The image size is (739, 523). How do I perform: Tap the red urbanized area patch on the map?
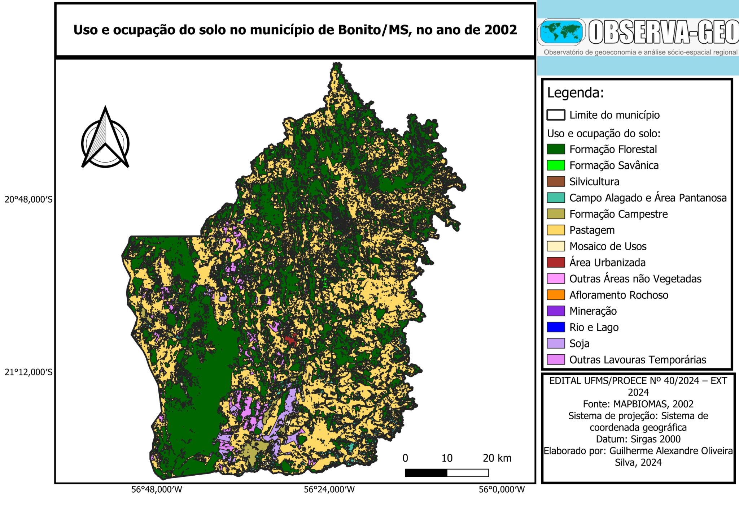[290, 340]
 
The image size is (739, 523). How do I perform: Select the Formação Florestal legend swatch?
[556, 149]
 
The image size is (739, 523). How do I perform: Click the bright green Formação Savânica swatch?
[556, 165]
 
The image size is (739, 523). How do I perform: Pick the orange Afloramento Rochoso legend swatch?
[556, 295]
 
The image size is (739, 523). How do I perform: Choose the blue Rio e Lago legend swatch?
[556, 327]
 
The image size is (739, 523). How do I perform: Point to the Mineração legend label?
[593, 311]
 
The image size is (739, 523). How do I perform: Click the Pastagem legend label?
[592, 230]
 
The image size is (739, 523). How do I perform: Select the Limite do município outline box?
[556, 115]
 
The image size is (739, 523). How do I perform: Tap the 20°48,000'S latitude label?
[28, 199]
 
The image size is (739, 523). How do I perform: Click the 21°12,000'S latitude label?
[28, 372]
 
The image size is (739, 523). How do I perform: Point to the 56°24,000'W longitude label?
[329, 489]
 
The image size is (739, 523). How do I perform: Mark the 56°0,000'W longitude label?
[502, 489]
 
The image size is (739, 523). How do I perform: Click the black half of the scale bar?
[426, 473]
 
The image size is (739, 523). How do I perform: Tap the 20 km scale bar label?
[497, 458]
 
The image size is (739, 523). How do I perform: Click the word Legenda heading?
[575, 93]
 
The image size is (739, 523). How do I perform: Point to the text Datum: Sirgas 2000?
[638, 439]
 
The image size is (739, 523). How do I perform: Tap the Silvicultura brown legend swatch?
[556, 182]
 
